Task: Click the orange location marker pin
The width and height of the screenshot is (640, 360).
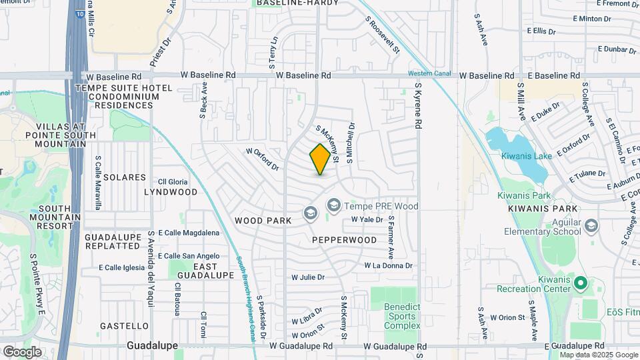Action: [x=320, y=159]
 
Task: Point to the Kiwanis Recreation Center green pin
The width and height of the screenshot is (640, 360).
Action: [x=579, y=283]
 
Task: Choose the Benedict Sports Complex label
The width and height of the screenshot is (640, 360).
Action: [x=402, y=316]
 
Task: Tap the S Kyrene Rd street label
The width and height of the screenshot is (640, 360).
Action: [x=418, y=105]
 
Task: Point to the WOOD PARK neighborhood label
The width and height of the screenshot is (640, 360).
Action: [x=260, y=220]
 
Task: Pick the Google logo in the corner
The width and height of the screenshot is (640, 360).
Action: [x=21, y=351]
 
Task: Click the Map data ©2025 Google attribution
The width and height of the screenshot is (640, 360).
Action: [x=599, y=355]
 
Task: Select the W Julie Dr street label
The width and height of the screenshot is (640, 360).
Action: [x=308, y=277]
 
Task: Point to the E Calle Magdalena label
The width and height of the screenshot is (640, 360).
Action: [x=188, y=233]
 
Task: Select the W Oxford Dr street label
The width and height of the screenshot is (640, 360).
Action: [x=262, y=159]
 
